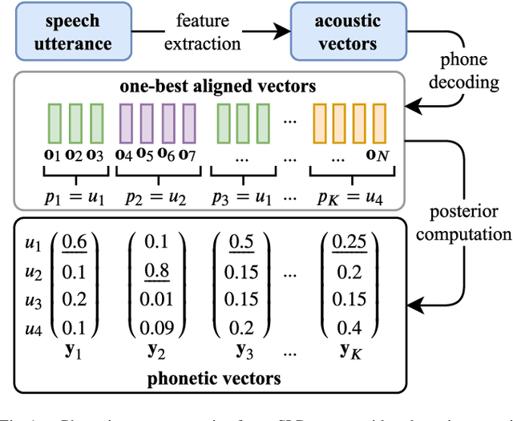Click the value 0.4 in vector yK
349,326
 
